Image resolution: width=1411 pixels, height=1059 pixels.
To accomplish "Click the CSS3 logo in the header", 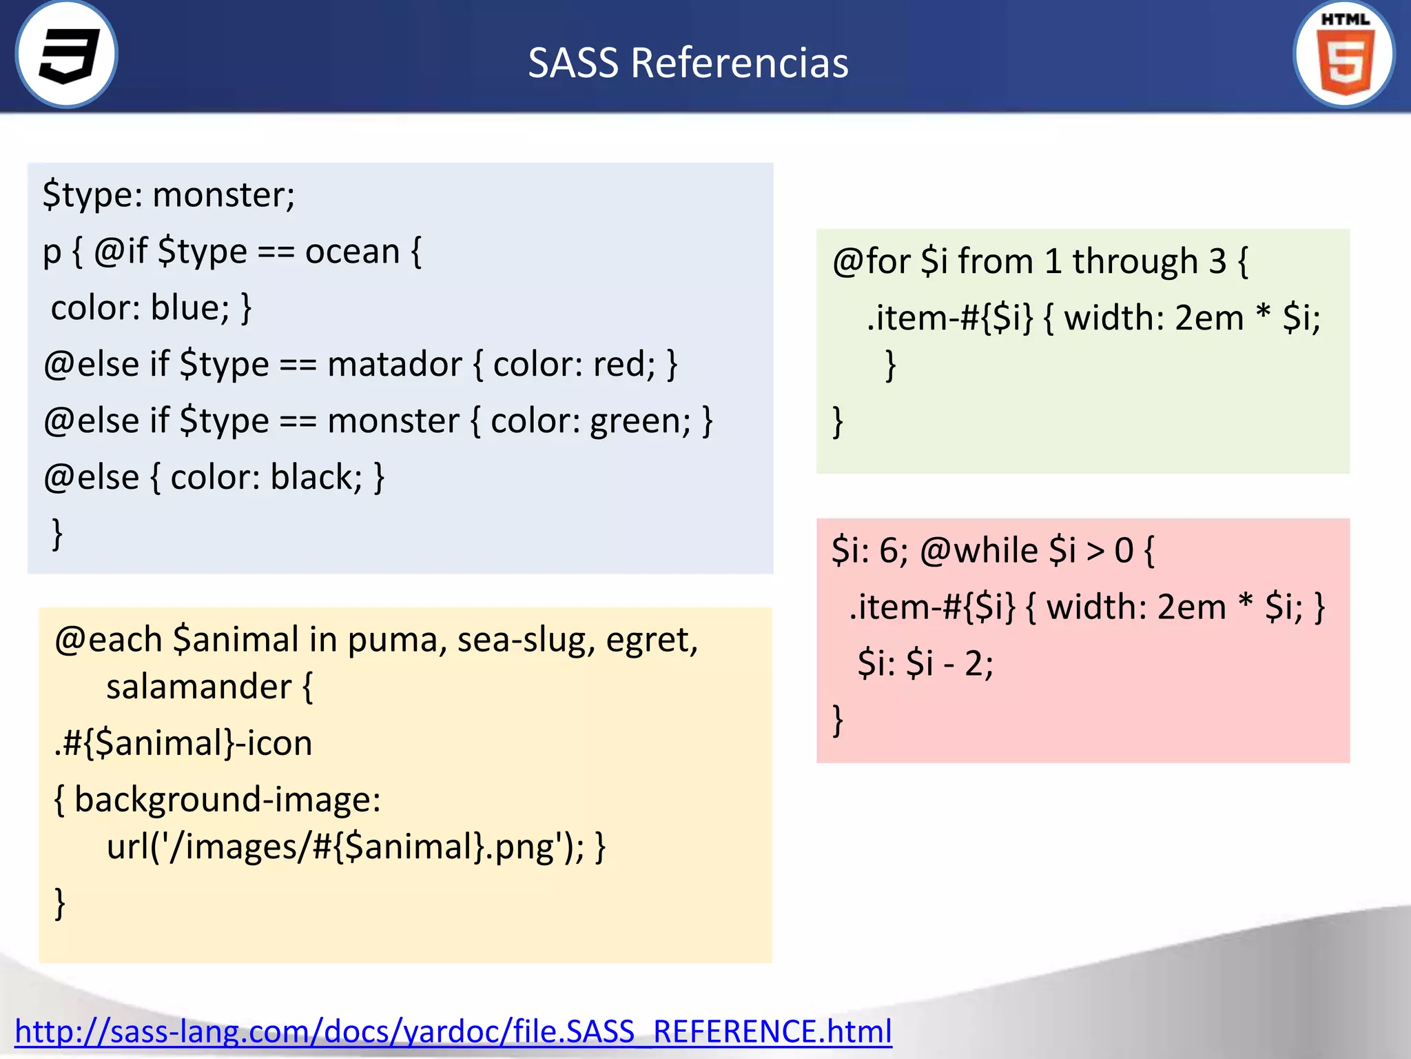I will coord(67,55).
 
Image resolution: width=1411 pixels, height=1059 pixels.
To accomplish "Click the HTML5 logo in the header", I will coord(1344,55).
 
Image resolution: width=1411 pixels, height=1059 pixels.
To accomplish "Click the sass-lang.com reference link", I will coord(453,1031).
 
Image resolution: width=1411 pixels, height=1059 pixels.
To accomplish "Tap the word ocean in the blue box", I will coord(352,252).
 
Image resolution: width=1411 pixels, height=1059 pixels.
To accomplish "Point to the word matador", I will coord(394,365).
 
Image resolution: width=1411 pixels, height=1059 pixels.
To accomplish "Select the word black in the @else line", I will coord(316,477).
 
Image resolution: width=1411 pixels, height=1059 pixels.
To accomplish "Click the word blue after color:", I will coord(189,308).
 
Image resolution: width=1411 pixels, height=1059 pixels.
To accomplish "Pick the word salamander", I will coord(198,687).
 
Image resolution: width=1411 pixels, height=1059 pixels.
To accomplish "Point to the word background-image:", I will coord(227,800).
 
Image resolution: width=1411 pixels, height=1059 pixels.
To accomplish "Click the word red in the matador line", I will coord(623,365).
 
